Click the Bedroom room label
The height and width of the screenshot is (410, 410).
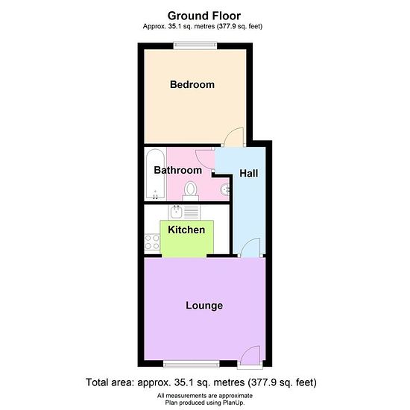tap(192, 84)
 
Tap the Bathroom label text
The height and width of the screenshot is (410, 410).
tap(178, 170)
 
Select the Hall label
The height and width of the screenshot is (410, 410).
tap(249, 174)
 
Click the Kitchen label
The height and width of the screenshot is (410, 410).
tap(186, 230)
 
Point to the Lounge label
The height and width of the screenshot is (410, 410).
tap(204, 306)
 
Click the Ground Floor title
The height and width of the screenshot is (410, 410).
tap(204, 16)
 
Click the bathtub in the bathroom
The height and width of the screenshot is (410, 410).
tap(155, 174)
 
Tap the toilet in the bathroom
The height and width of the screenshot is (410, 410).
tap(190, 191)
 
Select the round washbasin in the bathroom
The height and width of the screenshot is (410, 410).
tap(225, 189)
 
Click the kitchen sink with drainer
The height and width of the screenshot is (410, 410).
tap(184, 212)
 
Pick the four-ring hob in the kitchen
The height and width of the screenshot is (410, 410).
tap(152, 242)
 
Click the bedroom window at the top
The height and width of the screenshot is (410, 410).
tap(195, 45)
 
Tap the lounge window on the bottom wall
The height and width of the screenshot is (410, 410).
tap(192, 364)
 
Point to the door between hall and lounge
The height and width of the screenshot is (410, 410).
tap(250, 247)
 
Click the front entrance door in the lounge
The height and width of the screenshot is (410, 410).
tap(250, 356)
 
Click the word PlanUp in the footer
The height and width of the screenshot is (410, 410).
tap(233, 403)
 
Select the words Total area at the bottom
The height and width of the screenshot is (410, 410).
tap(110, 382)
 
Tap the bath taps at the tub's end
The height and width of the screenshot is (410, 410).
tap(155, 195)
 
